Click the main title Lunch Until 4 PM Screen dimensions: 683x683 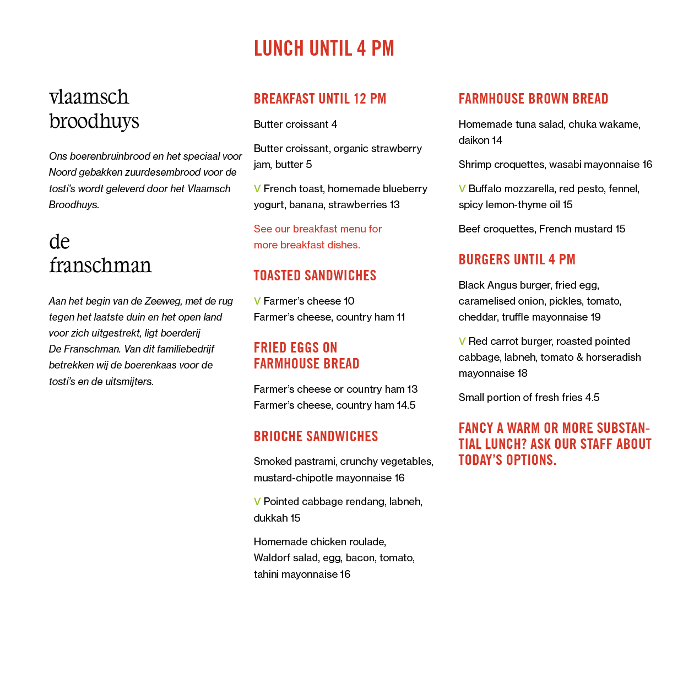coord(324,48)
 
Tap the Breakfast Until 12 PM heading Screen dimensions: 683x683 coord(319,99)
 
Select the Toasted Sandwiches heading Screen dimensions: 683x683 coord(315,275)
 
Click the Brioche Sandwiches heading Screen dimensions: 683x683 coord(316,436)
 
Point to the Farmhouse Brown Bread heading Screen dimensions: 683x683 coord(533,99)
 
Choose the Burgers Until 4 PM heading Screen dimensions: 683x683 coord(517,259)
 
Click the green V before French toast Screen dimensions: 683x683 coord(257,189)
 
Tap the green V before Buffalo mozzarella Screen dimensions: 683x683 coord(462,189)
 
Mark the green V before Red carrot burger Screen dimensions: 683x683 coord(462,341)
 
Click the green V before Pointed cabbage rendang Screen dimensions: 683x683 coord(257,502)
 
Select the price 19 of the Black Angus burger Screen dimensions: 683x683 coord(595,317)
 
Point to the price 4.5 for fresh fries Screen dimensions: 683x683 coord(592,397)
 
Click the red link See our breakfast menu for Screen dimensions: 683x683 coord(318,229)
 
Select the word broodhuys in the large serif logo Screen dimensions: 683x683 coord(94,121)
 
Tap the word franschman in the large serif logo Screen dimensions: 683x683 coord(100,265)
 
